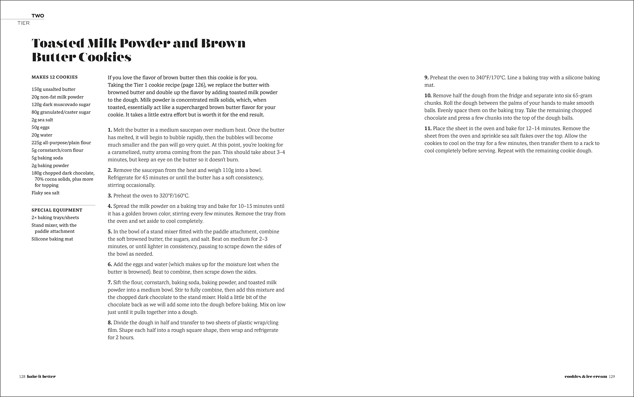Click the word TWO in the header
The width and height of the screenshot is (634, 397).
coord(38,16)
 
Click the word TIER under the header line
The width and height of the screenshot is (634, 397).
coord(23,23)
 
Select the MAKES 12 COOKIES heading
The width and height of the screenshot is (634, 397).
coord(54,77)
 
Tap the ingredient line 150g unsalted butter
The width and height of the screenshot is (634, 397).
coord(53,89)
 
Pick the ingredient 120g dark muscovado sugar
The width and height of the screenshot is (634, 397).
coord(61,105)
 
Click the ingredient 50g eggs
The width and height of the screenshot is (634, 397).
coord(40,127)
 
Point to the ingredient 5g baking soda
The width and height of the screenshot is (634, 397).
coord(47,158)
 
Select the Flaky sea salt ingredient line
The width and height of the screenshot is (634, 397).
coord(45,193)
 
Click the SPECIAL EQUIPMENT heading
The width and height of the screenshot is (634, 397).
coord(57,210)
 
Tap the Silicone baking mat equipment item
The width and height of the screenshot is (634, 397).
coord(52,239)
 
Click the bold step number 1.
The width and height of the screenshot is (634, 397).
coord(110,130)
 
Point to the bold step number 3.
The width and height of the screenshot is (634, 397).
coord(110,196)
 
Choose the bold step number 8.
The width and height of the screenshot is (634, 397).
coord(110,323)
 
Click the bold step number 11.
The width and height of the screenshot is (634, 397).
coord(428,128)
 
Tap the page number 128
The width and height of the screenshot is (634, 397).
coord(22,376)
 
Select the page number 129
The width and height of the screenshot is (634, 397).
coord(612,376)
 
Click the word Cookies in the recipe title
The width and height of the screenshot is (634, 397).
coord(105,57)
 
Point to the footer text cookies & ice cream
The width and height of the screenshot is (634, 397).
coord(585,376)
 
